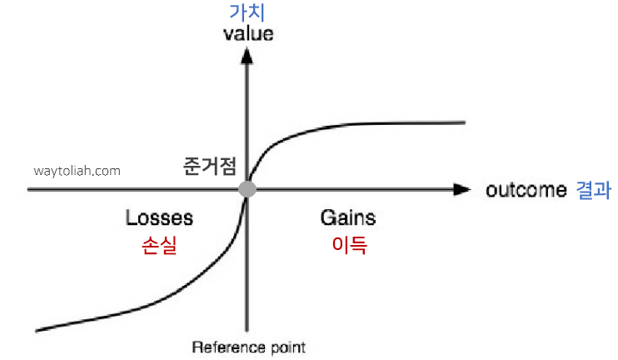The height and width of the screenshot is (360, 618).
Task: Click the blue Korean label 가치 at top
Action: (247, 12)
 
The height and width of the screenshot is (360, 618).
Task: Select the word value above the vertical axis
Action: (248, 35)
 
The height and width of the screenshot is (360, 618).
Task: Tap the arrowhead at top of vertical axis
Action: (247, 56)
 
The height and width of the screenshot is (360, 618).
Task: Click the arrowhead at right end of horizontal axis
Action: (461, 189)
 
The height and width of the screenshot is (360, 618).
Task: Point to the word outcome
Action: (526, 190)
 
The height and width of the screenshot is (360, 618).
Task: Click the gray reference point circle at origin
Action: (247, 189)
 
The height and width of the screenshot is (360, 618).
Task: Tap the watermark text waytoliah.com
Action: (77, 171)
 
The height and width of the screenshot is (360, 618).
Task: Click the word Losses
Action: (159, 218)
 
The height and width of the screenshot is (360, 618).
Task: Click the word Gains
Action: (348, 218)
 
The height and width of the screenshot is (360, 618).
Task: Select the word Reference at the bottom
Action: (219, 347)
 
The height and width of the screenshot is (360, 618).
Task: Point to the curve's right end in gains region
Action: (462, 122)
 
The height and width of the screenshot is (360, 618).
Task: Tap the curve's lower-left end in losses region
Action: (38, 329)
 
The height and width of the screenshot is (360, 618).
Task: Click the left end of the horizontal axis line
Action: (29, 189)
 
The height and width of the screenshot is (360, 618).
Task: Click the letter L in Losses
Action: (131, 218)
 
